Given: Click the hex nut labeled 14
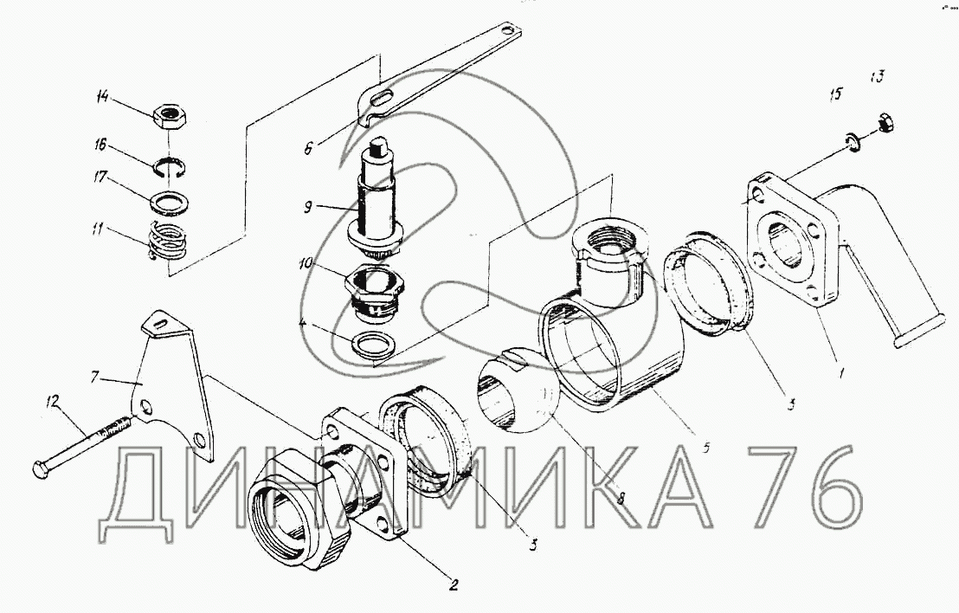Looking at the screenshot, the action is [171, 115].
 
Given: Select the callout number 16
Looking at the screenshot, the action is [100, 145].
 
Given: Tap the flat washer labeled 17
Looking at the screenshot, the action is [169, 203].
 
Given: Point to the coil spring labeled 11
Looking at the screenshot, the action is [167, 241].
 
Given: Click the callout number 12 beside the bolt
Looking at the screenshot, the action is [53, 402].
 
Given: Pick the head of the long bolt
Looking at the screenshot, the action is [39, 469].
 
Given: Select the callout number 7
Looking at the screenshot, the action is [94, 377].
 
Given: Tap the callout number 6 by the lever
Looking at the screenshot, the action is [307, 147].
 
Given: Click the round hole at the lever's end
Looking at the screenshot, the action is [507, 29].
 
